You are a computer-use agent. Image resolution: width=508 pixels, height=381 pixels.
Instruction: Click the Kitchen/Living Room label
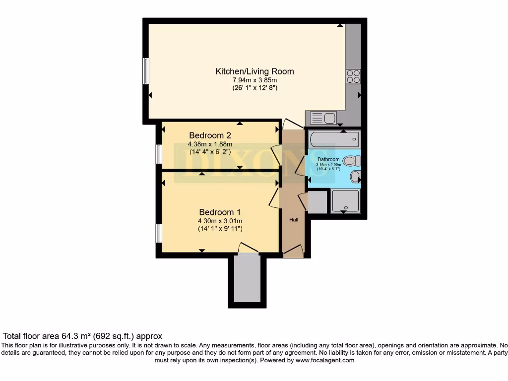(254, 71)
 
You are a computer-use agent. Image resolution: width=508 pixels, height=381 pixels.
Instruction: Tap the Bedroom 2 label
(210, 135)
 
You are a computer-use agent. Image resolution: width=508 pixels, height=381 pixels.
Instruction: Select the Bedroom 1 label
(220, 211)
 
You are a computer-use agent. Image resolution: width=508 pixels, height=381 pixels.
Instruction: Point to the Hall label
(294, 219)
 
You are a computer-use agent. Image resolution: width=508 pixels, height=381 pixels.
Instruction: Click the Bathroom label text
(328, 159)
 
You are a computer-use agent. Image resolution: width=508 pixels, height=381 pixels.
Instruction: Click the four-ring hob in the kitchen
(353, 76)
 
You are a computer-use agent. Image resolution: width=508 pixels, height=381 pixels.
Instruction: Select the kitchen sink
(323, 118)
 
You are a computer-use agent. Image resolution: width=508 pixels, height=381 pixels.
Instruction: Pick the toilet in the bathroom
(352, 161)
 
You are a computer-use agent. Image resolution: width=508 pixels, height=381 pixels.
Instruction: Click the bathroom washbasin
(355, 177)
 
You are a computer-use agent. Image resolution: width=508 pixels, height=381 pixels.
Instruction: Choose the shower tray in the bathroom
(345, 200)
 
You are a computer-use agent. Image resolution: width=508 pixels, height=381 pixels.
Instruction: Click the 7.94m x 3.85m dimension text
(254, 80)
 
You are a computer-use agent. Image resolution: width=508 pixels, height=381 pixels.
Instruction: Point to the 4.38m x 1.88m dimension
(210, 144)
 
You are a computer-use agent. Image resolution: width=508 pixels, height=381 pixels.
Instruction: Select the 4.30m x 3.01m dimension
(220, 221)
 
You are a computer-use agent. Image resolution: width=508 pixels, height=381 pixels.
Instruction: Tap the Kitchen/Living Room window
(146, 71)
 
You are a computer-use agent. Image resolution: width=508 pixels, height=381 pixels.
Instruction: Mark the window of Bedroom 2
(159, 154)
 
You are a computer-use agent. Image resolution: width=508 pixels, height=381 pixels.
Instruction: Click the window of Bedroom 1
(159, 233)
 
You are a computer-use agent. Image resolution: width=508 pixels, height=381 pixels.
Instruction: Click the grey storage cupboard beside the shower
(317, 202)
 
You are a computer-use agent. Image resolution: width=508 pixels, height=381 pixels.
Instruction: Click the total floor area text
(83, 336)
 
